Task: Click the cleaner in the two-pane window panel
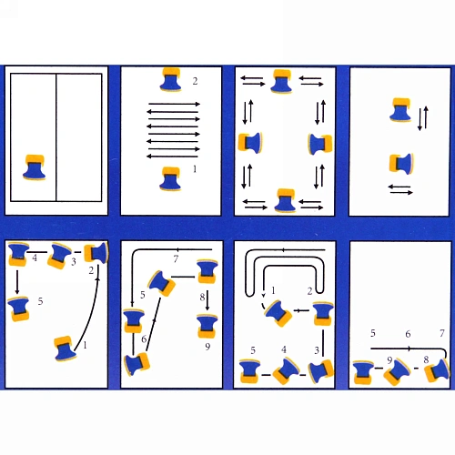point(35,167)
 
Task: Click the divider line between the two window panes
point(56,137)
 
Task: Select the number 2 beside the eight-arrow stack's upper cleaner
point(195,81)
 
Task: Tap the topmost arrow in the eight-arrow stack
point(174,104)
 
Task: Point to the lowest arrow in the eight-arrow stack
point(172,157)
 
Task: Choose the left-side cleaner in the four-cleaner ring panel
point(250,143)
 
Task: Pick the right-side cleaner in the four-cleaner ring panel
point(320,144)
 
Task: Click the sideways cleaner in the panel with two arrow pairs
point(401,164)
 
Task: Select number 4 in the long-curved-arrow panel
point(35,258)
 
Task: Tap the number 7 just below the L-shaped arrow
point(176,258)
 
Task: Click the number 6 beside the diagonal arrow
point(144,339)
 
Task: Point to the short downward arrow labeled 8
point(207,300)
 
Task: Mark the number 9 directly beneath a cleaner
point(207,347)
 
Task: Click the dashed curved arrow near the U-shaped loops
point(263,301)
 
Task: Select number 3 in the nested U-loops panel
point(317,350)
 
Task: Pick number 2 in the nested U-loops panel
point(309,291)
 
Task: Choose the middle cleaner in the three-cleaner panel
point(397,371)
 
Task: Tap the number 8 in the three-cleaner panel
point(426,359)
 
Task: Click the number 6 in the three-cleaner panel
point(408,334)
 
